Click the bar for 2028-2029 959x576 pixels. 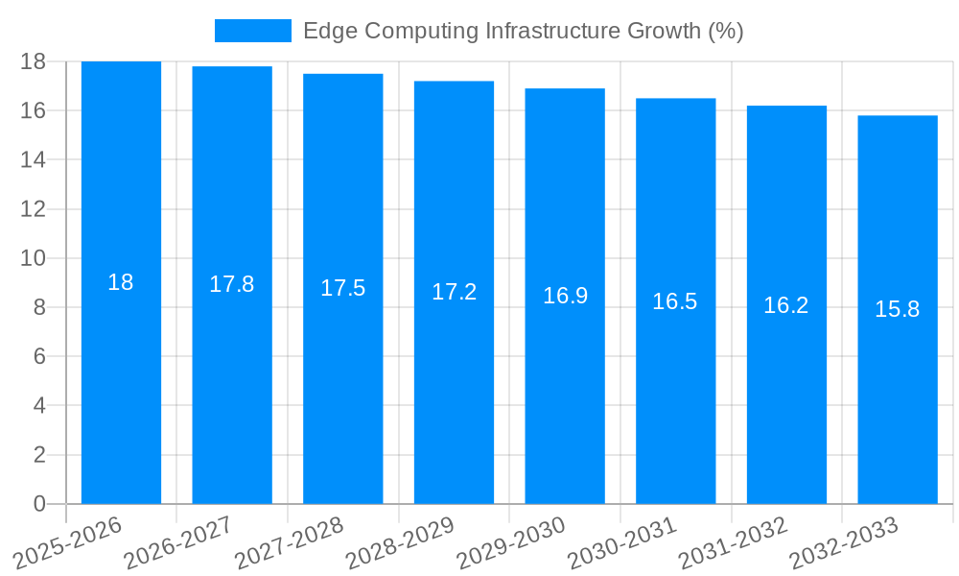pyautogui.click(x=454, y=384)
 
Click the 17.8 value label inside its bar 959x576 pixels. pyautogui.click(x=232, y=284)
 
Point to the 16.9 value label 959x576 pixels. pyautogui.click(x=565, y=296)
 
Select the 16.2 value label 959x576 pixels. pyautogui.click(x=786, y=305)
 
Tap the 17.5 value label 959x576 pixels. pyautogui.click(x=343, y=288)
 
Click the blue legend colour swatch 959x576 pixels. pyautogui.click(x=252, y=31)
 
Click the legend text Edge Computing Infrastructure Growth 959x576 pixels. pyautogui.click(x=523, y=31)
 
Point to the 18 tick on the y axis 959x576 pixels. pyautogui.click(x=33, y=61)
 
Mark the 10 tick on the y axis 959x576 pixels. pyautogui.click(x=33, y=258)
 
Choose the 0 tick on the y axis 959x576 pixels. pyautogui.click(x=39, y=504)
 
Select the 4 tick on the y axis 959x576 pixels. pyautogui.click(x=39, y=406)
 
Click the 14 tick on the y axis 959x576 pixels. pyautogui.click(x=33, y=159)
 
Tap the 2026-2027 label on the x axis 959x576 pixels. pyautogui.click(x=178, y=542)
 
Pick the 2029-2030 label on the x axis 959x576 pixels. pyautogui.click(x=511, y=542)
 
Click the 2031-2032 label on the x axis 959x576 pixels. pyautogui.click(x=734, y=542)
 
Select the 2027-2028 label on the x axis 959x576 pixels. pyautogui.click(x=290, y=542)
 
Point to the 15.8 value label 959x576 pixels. pyautogui.click(x=898, y=309)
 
